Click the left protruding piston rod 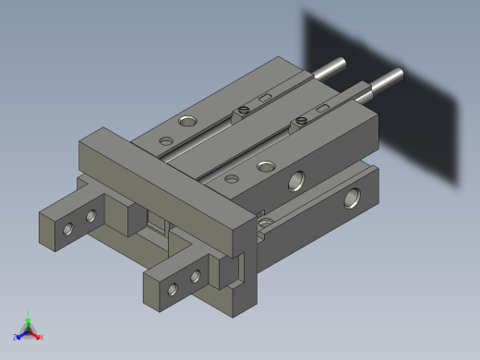click(331, 68)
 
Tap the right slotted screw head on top click(299, 120)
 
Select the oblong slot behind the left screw click(265, 97)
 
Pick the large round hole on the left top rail click(188, 122)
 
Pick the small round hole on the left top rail click(166, 141)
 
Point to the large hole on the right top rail click(266, 167)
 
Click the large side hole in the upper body click(297, 180)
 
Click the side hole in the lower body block click(353, 198)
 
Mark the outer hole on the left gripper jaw click(68, 229)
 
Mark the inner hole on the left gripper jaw click(90, 217)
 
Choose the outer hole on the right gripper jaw click(173, 289)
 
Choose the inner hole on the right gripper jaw click(195, 276)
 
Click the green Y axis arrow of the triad click(29, 317)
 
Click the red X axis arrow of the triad click(39, 337)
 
